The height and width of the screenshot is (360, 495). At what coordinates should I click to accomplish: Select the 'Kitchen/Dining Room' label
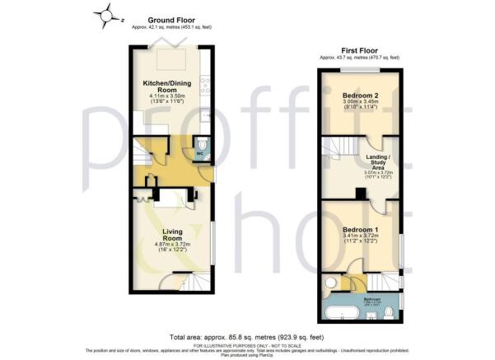[x=168, y=86]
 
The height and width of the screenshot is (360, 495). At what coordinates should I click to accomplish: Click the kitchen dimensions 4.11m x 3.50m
[x=167, y=96]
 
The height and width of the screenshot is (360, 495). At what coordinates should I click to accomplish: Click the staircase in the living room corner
[x=193, y=283]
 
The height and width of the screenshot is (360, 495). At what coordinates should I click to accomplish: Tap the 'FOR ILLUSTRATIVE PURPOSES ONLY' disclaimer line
[x=247, y=345]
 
